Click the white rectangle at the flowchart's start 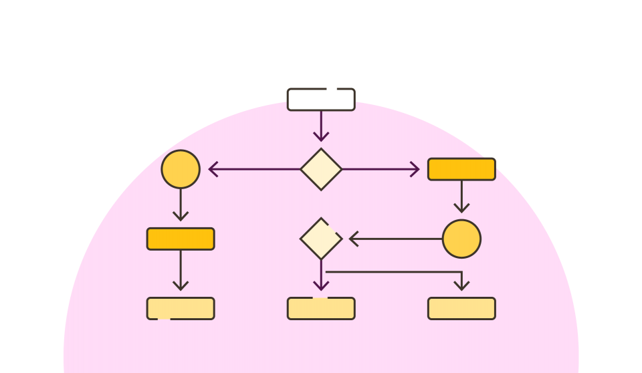(x=321, y=100)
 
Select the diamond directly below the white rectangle (x=321, y=169)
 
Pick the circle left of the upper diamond (x=181, y=169)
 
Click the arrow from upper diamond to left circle (x=254, y=169)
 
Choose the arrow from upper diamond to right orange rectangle (x=381, y=169)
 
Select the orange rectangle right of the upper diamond (x=461, y=169)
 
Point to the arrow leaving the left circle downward (x=181, y=205)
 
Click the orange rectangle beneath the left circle (x=181, y=239)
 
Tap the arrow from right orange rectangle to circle (x=461, y=197)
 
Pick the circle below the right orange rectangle (x=461, y=239)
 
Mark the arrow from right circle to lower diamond (x=395, y=239)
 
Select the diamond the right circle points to (x=321, y=239)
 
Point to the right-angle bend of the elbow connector (x=461, y=272)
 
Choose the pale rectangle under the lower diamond (x=321, y=308)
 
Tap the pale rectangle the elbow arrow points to (x=461, y=308)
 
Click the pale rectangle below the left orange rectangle (x=181, y=308)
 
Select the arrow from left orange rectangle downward (x=181, y=270)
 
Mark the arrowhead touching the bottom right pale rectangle (x=461, y=287)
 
